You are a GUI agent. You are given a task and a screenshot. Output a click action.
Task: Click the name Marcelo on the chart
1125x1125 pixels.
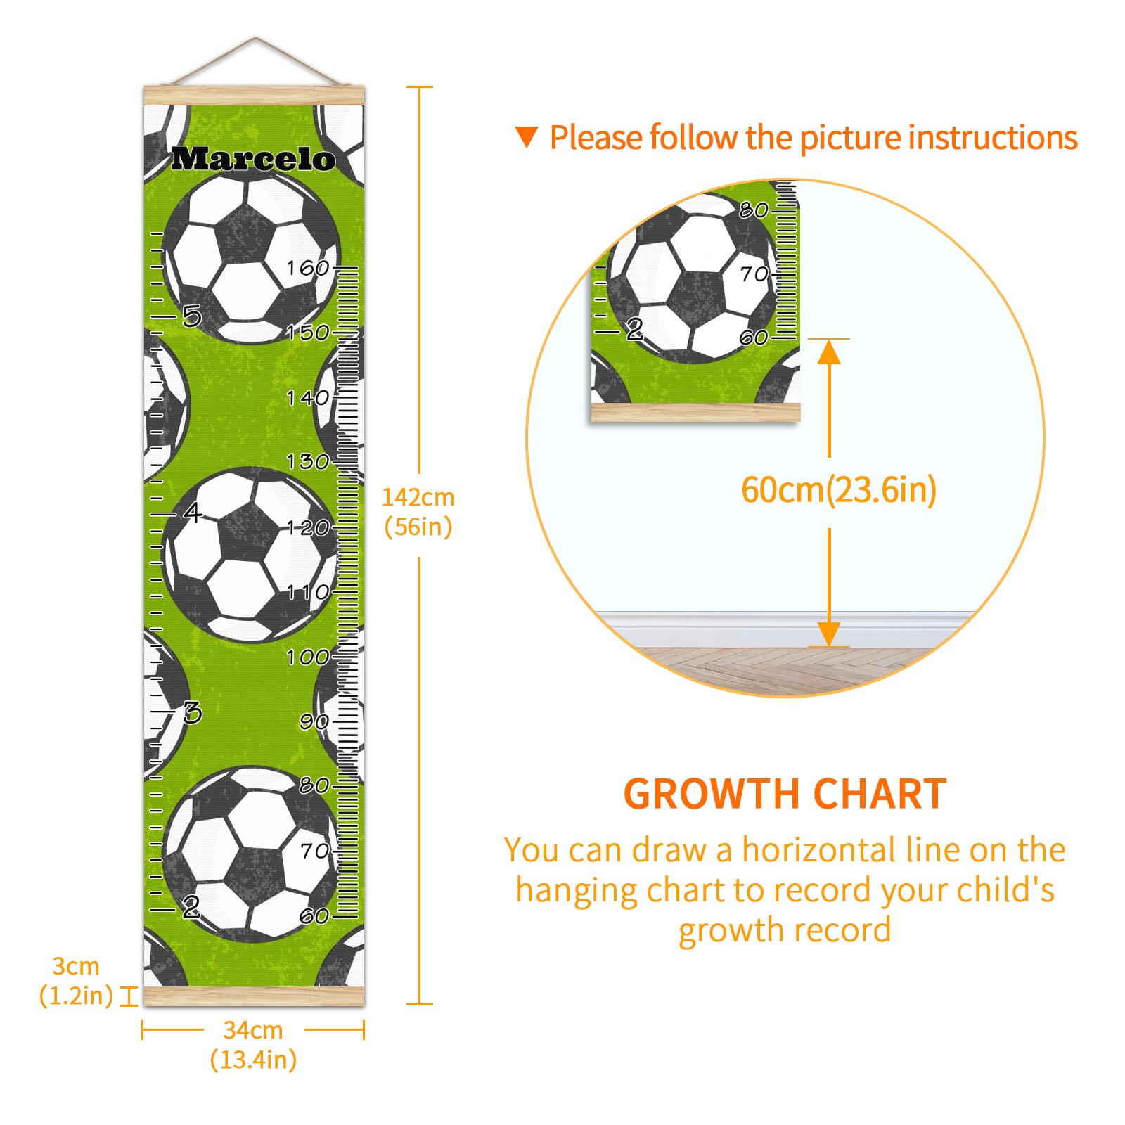click(253, 159)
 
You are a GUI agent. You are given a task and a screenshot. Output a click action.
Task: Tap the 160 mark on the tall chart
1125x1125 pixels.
click(308, 268)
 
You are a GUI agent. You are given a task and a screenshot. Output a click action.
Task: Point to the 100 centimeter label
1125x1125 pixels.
click(308, 657)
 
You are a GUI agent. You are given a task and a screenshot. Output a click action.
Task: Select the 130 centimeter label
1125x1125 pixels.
click(308, 462)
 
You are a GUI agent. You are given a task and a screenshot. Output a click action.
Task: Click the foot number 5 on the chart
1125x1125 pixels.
click(192, 316)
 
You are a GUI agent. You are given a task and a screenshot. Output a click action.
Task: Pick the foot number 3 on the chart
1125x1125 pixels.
click(192, 713)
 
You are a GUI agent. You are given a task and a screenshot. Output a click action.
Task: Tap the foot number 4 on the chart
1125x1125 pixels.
click(192, 512)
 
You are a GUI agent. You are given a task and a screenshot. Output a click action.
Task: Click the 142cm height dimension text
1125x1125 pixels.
click(418, 498)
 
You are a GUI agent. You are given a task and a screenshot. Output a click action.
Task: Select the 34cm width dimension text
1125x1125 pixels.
click(253, 1030)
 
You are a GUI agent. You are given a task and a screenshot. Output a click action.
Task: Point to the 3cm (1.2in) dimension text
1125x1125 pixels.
click(76, 981)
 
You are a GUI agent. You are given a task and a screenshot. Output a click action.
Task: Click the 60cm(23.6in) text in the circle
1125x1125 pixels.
click(839, 490)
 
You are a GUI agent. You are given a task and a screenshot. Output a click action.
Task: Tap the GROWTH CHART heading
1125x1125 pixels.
click(785, 795)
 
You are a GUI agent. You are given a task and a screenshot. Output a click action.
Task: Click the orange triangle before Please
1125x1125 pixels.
click(526, 136)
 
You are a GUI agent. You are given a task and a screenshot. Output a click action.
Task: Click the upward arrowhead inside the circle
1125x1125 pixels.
click(829, 351)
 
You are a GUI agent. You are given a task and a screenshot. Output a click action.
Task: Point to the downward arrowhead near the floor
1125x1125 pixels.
click(829, 634)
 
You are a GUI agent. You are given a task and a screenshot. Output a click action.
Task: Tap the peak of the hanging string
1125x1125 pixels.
click(256, 39)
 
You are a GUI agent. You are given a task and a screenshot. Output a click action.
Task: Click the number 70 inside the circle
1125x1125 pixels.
click(754, 274)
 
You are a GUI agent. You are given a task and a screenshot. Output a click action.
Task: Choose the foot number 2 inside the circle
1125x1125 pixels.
click(634, 328)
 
